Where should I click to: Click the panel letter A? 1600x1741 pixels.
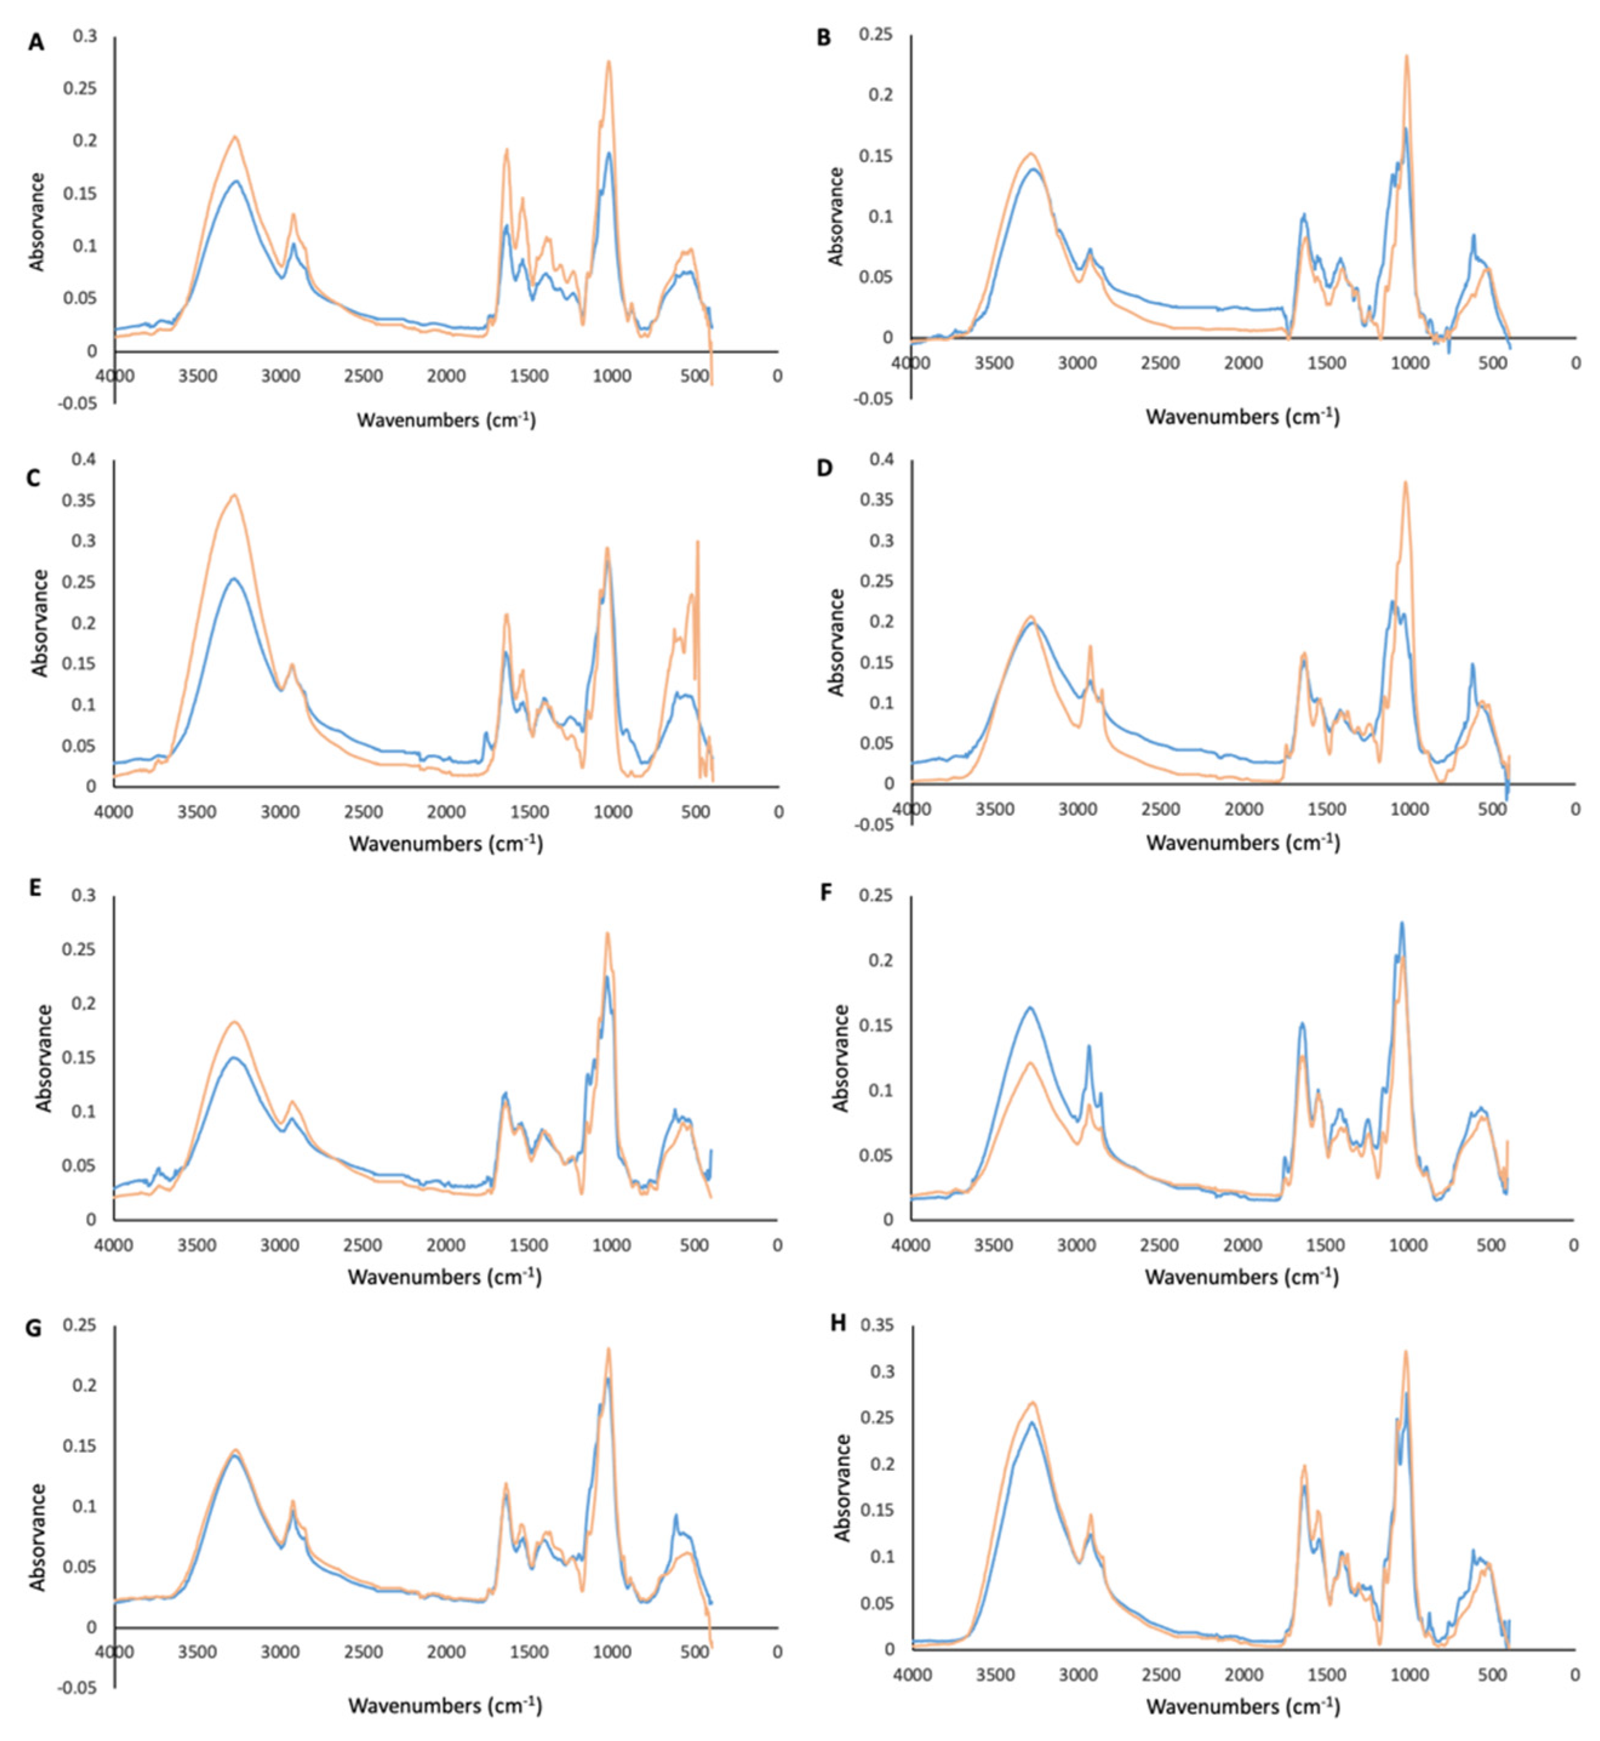tap(36, 42)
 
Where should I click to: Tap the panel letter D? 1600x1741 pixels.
tap(825, 468)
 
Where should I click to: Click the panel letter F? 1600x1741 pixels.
tap(826, 892)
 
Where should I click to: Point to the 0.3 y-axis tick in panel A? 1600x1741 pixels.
tap(85, 36)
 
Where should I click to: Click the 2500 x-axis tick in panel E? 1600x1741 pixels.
tap(363, 1245)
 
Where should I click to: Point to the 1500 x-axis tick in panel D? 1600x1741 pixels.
tap(1326, 809)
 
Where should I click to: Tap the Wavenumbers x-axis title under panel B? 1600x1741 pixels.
tap(1243, 417)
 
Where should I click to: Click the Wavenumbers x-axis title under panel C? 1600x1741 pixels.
tap(446, 843)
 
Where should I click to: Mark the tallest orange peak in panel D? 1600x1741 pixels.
tap(1405, 483)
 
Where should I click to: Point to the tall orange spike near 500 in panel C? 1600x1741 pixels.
tap(697, 543)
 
